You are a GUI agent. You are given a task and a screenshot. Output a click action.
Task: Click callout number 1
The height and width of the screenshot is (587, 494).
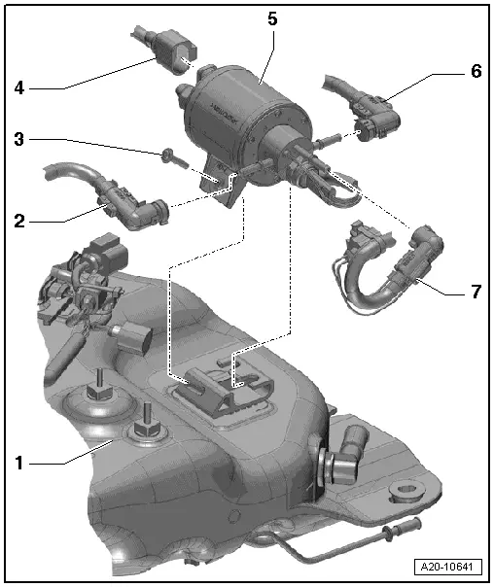(x=19, y=464)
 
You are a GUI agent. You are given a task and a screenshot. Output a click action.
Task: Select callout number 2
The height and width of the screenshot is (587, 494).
(x=19, y=222)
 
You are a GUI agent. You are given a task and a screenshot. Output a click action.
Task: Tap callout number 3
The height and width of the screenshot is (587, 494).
(x=19, y=139)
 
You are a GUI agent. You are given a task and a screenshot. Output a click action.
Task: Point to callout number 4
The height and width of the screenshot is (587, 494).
(x=19, y=88)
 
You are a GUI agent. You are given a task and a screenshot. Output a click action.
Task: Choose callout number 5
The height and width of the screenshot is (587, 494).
(x=272, y=18)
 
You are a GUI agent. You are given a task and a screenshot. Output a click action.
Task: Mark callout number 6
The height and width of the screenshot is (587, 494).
(x=476, y=71)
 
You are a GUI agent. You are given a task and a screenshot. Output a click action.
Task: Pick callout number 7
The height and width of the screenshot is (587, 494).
(x=476, y=291)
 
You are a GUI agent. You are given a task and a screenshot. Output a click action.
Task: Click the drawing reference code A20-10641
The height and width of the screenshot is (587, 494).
(x=447, y=567)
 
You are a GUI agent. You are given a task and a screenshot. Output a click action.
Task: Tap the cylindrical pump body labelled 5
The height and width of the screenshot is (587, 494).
(x=243, y=113)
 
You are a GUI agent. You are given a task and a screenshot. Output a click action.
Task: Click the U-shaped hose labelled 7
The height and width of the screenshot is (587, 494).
(x=386, y=269)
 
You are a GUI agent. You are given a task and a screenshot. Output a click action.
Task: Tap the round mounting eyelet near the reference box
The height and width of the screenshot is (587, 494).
(x=407, y=490)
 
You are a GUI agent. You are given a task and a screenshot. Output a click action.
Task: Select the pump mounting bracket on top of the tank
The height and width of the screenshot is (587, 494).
(x=224, y=389)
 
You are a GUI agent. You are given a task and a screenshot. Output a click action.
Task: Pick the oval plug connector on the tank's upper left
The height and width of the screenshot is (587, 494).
(x=135, y=339)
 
